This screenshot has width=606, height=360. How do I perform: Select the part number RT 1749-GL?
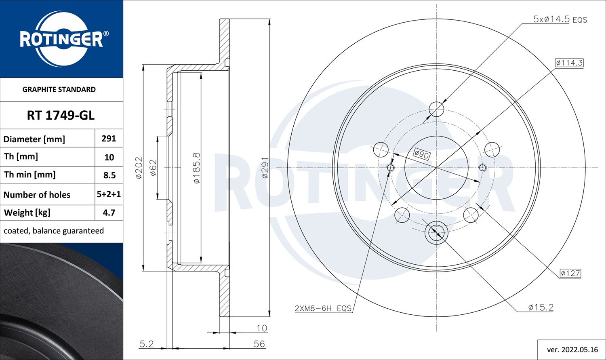(x=61, y=116)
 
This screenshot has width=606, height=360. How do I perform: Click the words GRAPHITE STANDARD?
(x=59, y=90)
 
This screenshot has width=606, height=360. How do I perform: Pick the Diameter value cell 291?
(x=109, y=139)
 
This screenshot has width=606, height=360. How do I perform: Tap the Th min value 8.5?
(x=109, y=175)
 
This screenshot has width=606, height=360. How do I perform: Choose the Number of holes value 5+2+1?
(x=109, y=194)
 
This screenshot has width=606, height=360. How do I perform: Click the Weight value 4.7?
(x=109, y=213)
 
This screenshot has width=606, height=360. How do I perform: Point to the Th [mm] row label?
(x=21, y=157)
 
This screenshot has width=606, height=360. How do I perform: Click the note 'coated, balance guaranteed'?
(x=54, y=231)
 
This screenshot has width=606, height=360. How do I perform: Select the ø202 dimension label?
(x=139, y=168)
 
